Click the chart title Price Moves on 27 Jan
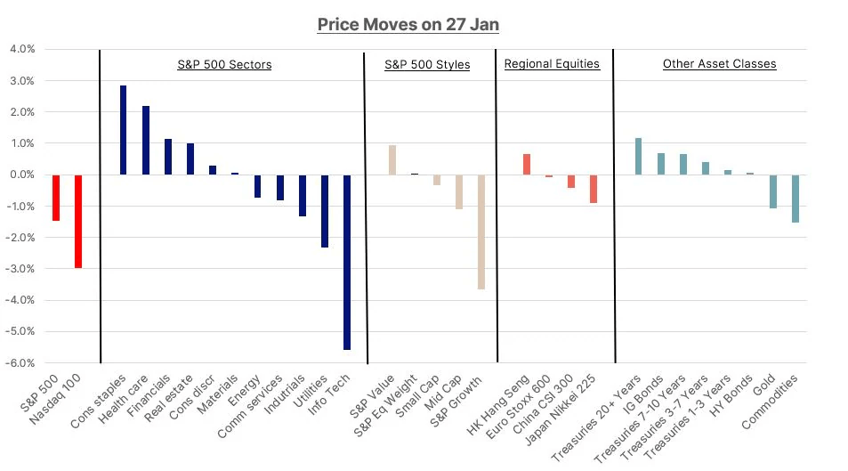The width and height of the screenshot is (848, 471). pyautogui.click(x=408, y=24)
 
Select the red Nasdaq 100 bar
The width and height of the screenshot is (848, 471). pyautogui.click(x=78, y=221)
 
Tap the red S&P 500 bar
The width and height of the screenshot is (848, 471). pyautogui.click(x=56, y=198)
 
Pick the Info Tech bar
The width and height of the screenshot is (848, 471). pyautogui.click(x=347, y=262)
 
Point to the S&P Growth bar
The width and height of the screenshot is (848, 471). pyautogui.click(x=481, y=231)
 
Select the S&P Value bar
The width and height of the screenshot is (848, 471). pyautogui.click(x=392, y=160)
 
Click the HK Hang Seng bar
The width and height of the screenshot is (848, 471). pyautogui.click(x=527, y=165)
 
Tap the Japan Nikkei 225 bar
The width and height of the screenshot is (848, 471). pyautogui.click(x=594, y=189)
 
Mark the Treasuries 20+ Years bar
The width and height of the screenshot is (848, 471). pyautogui.click(x=638, y=157)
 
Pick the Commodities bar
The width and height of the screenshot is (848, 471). pyautogui.click(x=796, y=199)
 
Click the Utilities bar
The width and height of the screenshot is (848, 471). pyautogui.click(x=325, y=211)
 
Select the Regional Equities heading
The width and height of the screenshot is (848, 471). pyautogui.click(x=552, y=64)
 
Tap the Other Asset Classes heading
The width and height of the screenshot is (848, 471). pyautogui.click(x=719, y=64)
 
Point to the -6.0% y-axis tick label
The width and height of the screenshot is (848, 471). pyautogui.click(x=21, y=363)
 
